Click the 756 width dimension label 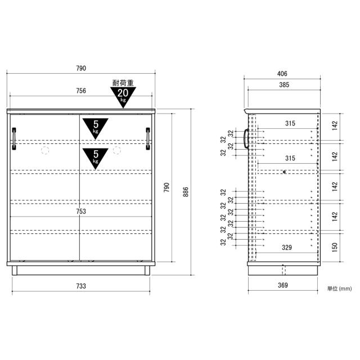tap(81, 91)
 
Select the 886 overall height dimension tap(186, 192)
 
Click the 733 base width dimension tap(81, 286)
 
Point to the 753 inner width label tap(81, 211)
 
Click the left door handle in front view tap(14, 139)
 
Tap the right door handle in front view tap(148, 139)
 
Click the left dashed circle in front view tap(45, 150)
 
